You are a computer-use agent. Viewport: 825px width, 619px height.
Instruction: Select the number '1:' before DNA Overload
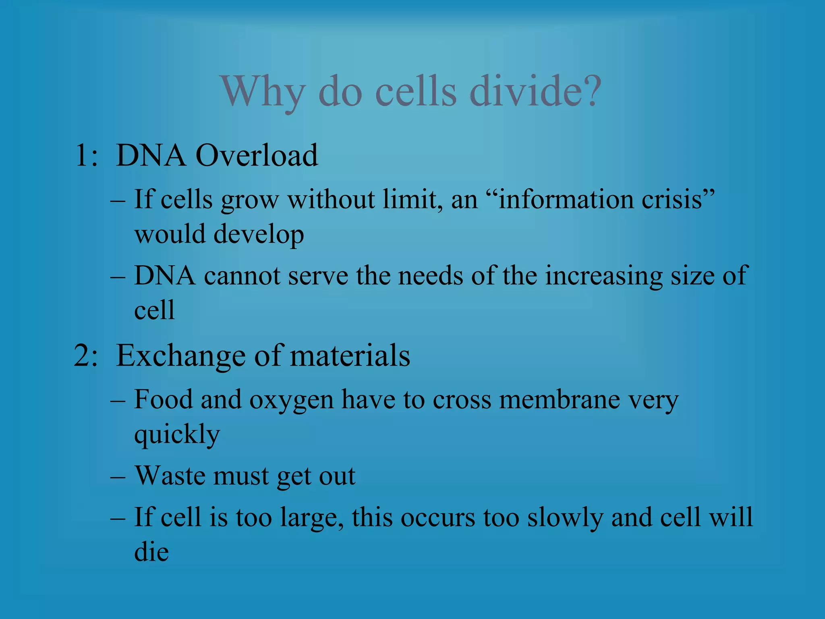(x=86, y=156)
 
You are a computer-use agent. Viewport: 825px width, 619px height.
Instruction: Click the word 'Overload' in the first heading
(x=257, y=156)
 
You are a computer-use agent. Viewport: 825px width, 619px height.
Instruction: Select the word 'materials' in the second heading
(x=350, y=356)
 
